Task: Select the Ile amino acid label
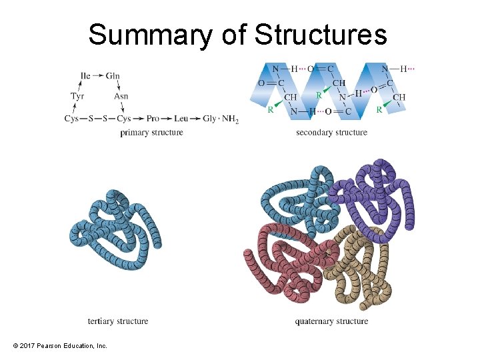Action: pyautogui.click(x=85, y=76)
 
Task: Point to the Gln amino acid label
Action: pyautogui.click(x=113, y=76)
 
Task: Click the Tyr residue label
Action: pyautogui.click(x=77, y=97)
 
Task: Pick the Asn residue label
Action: pyautogui.click(x=121, y=97)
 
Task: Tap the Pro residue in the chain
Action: pyautogui.click(x=153, y=119)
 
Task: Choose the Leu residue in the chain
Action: pyautogui.click(x=181, y=119)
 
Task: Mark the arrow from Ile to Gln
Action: pyautogui.click(x=98, y=76)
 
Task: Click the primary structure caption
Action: pyautogui.click(x=151, y=133)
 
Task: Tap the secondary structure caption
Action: pyautogui.click(x=331, y=133)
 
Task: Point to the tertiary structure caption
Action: pyautogui.click(x=118, y=321)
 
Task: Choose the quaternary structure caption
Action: pyautogui.click(x=331, y=321)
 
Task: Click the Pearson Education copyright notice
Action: pyautogui.click(x=60, y=345)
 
